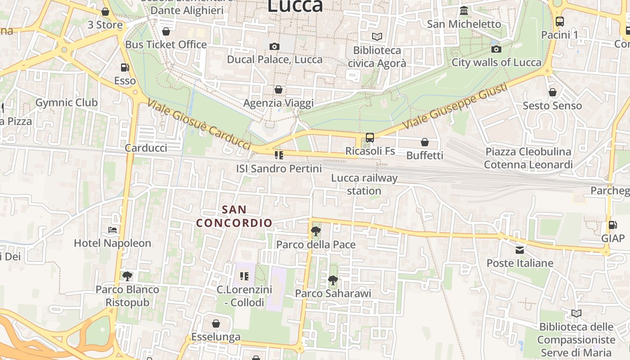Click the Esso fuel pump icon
pos(125,67)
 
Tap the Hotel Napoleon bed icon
pos(112,230)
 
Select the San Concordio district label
pos(234,216)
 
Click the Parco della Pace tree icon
pos(316,232)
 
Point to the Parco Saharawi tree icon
pos(333,280)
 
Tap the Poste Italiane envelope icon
pos(520,250)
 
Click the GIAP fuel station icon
pos(612,225)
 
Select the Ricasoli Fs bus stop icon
pos(369,138)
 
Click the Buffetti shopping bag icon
pos(424,142)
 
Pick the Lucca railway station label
pos(364,184)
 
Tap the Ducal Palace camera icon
pos(274,46)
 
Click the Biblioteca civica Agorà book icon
pos(377,36)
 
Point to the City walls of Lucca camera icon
pos(496,49)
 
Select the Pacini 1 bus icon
pos(559,21)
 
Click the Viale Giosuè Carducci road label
pos(198,124)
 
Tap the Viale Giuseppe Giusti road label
pos(455,107)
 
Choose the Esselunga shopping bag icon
pos(216,324)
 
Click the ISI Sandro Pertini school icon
pos(279,156)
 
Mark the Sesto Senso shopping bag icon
pos(552,93)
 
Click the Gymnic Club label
pos(66,103)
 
